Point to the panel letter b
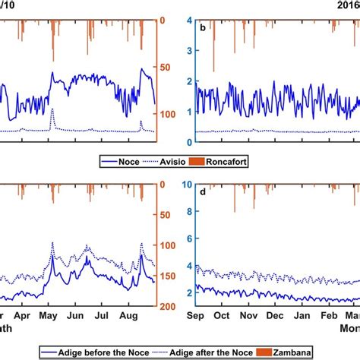202,27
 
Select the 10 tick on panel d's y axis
186,184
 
